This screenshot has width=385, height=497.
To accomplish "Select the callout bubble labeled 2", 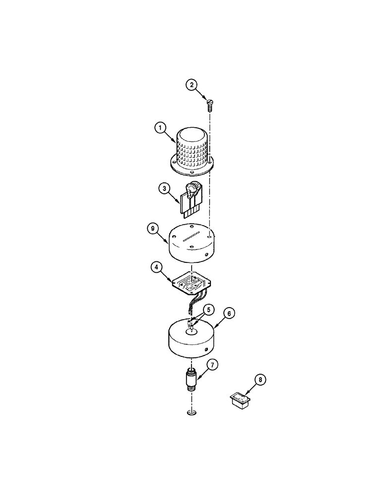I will click(x=192, y=85).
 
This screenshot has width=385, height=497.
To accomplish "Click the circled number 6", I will click(x=229, y=313).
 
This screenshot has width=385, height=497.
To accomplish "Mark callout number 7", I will click(x=211, y=366).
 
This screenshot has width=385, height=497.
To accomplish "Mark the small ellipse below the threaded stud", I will click(x=190, y=414).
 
